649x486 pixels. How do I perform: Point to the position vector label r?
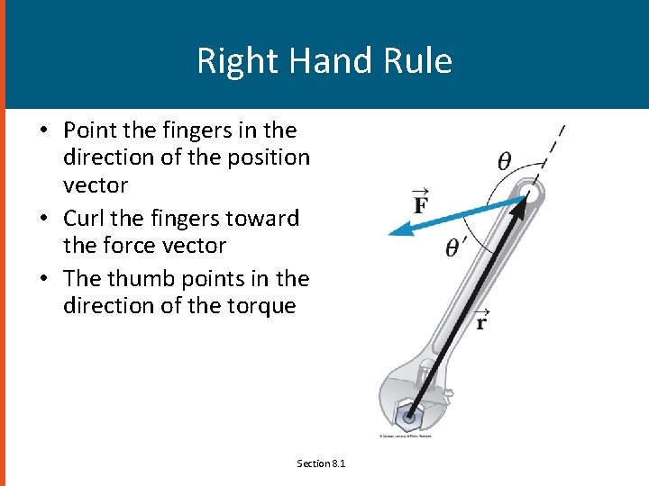[x=481, y=319]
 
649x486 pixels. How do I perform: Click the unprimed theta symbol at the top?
[x=505, y=162]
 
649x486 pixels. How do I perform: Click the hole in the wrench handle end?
[x=529, y=192]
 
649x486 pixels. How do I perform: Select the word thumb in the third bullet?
[x=137, y=278]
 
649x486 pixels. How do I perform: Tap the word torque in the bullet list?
[x=262, y=306]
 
